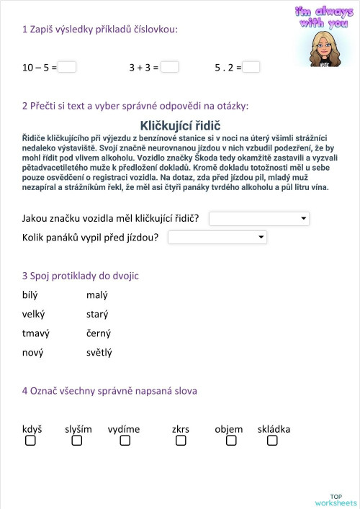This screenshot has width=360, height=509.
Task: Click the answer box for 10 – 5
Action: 67,67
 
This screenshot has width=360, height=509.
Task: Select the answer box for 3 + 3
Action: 170,67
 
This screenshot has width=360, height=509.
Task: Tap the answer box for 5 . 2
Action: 251,67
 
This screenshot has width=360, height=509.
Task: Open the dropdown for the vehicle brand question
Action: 258,217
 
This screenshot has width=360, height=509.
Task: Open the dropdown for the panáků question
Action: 217,237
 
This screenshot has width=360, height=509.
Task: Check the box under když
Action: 30,441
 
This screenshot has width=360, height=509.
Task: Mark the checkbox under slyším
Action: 74,441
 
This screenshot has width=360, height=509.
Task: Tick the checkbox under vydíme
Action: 125,441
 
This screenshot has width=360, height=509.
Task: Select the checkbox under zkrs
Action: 180,441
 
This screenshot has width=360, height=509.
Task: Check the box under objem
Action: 230,441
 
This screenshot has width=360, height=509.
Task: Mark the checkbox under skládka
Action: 272,441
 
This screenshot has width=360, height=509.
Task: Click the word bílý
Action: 30,295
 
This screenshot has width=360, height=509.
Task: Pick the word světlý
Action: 99,353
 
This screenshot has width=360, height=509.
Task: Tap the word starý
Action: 96,315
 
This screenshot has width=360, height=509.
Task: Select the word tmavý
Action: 35,333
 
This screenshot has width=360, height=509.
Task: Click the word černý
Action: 98,333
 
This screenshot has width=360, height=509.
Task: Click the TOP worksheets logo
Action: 336,500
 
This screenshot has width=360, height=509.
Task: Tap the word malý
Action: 96,295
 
